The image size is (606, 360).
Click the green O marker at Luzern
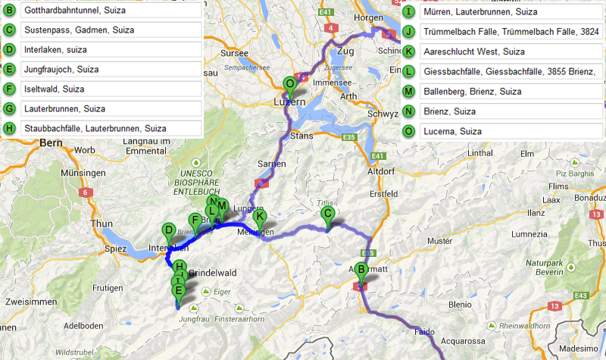[x=289, y=84]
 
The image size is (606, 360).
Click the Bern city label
[x=50, y=142]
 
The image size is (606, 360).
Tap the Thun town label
[x=102, y=224]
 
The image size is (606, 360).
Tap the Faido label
[x=426, y=332]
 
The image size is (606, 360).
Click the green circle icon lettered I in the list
[x=409, y=11]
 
